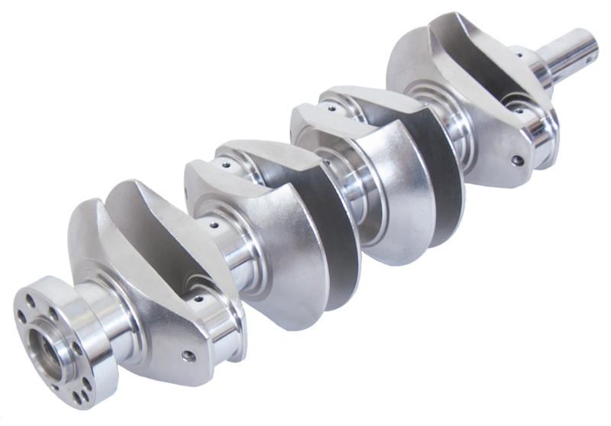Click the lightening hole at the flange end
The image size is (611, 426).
pyautogui.click(x=186, y=356)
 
